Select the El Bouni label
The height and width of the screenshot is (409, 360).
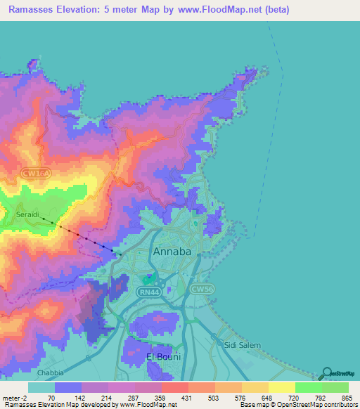(163, 357)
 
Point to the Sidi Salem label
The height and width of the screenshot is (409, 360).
(242, 345)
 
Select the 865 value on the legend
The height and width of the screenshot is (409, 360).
(347, 398)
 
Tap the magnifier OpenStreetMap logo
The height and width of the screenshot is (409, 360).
(326, 373)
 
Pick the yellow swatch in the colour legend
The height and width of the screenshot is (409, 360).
(281, 387)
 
